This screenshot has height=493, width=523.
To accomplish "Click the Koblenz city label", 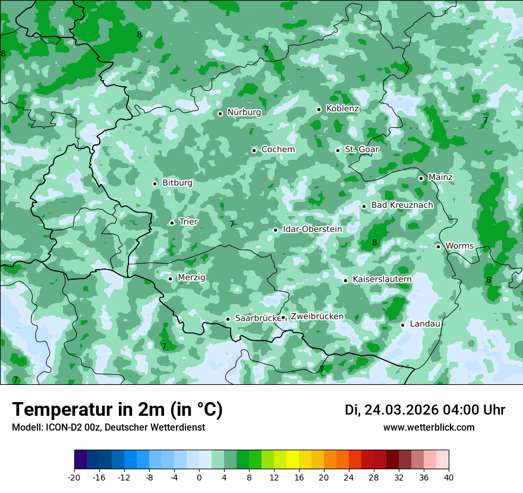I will [342, 109].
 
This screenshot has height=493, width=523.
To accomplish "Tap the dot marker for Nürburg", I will [220, 113].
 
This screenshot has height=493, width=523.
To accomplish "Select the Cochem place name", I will [278, 150].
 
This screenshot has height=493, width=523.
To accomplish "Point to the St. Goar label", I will [361, 150].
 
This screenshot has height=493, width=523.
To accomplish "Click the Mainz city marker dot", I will [421, 178].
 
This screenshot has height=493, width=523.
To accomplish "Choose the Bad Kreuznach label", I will [402, 206].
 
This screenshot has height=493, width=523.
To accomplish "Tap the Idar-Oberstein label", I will [312, 229].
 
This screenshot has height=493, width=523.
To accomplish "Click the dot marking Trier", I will [172, 223].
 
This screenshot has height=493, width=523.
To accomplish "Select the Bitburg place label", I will [177, 183].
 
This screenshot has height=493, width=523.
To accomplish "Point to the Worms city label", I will [459, 246].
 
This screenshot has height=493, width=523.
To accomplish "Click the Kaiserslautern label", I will [382, 279].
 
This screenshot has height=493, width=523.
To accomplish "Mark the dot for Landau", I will [402, 325].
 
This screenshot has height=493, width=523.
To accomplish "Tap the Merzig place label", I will [191, 278].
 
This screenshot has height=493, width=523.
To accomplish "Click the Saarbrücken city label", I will [257, 318].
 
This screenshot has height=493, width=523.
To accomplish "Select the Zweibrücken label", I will [317, 317].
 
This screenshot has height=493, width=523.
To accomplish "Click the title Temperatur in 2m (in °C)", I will [117, 409].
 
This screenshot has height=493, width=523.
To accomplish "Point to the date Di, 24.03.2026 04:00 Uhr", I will [424, 410].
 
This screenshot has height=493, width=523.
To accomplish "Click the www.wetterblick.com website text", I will [429, 428].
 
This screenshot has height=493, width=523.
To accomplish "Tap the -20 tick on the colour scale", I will [74, 477].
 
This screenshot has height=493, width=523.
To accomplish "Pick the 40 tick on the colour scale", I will [448, 477].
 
